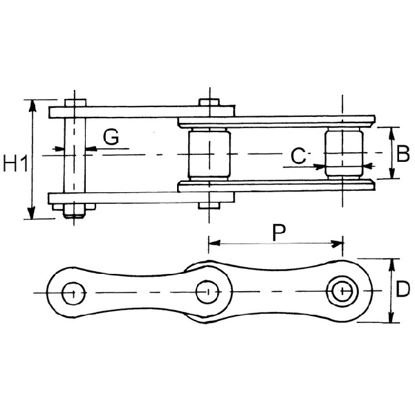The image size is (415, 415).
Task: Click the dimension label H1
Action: [15, 164]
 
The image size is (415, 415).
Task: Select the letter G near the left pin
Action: [111, 136]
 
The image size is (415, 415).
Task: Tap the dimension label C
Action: [298, 156]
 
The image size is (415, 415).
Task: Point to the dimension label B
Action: [401, 154]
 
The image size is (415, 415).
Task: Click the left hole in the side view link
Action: [71, 293]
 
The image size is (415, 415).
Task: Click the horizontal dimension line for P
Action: [277, 243]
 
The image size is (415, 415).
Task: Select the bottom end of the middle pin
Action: [208, 205]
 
